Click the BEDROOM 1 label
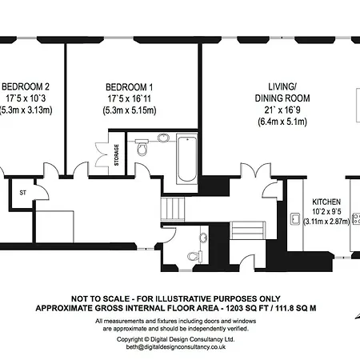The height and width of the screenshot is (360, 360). [130, 87]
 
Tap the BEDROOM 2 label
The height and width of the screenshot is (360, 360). [26, 86]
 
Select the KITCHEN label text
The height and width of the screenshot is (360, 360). [326, 202]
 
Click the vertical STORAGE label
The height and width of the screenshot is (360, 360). [117, 155]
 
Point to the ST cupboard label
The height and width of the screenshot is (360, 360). [23, 193]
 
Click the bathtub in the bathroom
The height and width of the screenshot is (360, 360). [187, 159]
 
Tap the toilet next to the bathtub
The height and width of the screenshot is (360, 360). [142, 146]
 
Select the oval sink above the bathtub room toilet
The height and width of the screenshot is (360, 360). [163, 138]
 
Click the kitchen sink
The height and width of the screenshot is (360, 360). [295, 219]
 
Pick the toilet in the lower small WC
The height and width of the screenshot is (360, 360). [195, 256]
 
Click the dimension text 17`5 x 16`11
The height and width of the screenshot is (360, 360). [130, 98]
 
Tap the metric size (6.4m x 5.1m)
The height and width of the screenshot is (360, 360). [282, 122]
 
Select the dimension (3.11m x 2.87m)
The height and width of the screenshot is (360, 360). [326, 221]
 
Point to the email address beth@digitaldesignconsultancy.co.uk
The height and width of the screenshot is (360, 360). [176, 347]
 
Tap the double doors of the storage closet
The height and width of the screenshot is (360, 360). [102, 154]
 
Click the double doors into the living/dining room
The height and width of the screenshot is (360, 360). [256, 170]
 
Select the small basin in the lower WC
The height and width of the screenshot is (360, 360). [203, 238]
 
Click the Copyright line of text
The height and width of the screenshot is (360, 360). [176, 339]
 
